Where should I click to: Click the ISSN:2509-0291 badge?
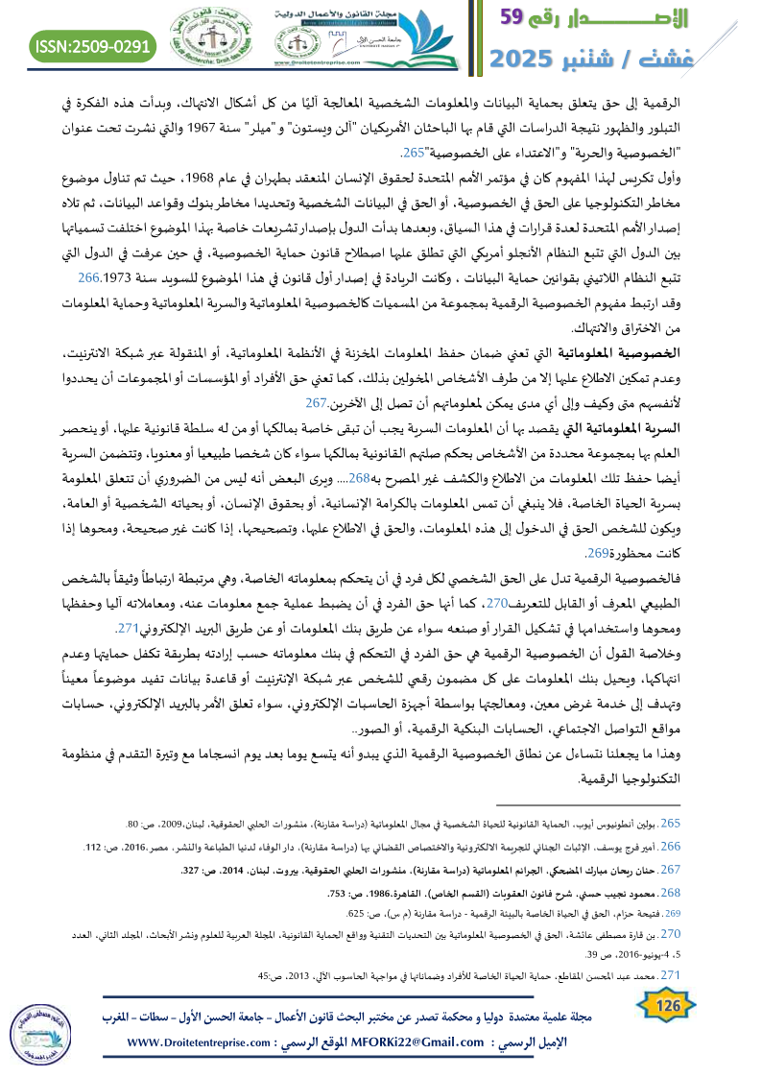pyautogui.click(x=93, y=44)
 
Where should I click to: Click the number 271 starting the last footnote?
pyautogui.click(x=672, y=975)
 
